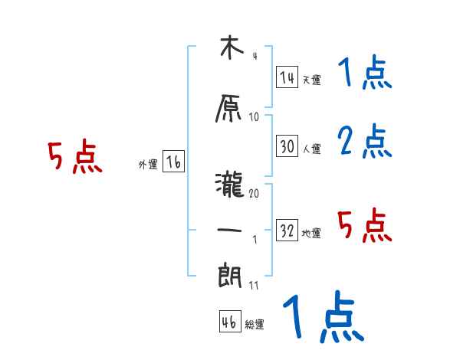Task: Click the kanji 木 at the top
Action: click(x=228, y=49)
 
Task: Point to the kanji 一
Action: click(x=228, y=231)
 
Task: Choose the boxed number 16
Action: click(x=173, y=162)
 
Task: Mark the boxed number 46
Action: click(x=228, y=322)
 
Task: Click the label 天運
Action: click(x=311, y=80)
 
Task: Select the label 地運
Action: click(x=311, y=233)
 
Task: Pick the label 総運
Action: click(x=254, y=324)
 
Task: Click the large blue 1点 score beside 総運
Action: click(x=323, y=318)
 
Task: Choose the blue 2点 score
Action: click(x=364, y=141)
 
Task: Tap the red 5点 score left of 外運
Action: click(x=75, y=158)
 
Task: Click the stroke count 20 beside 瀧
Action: click(x=254, y=193)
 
